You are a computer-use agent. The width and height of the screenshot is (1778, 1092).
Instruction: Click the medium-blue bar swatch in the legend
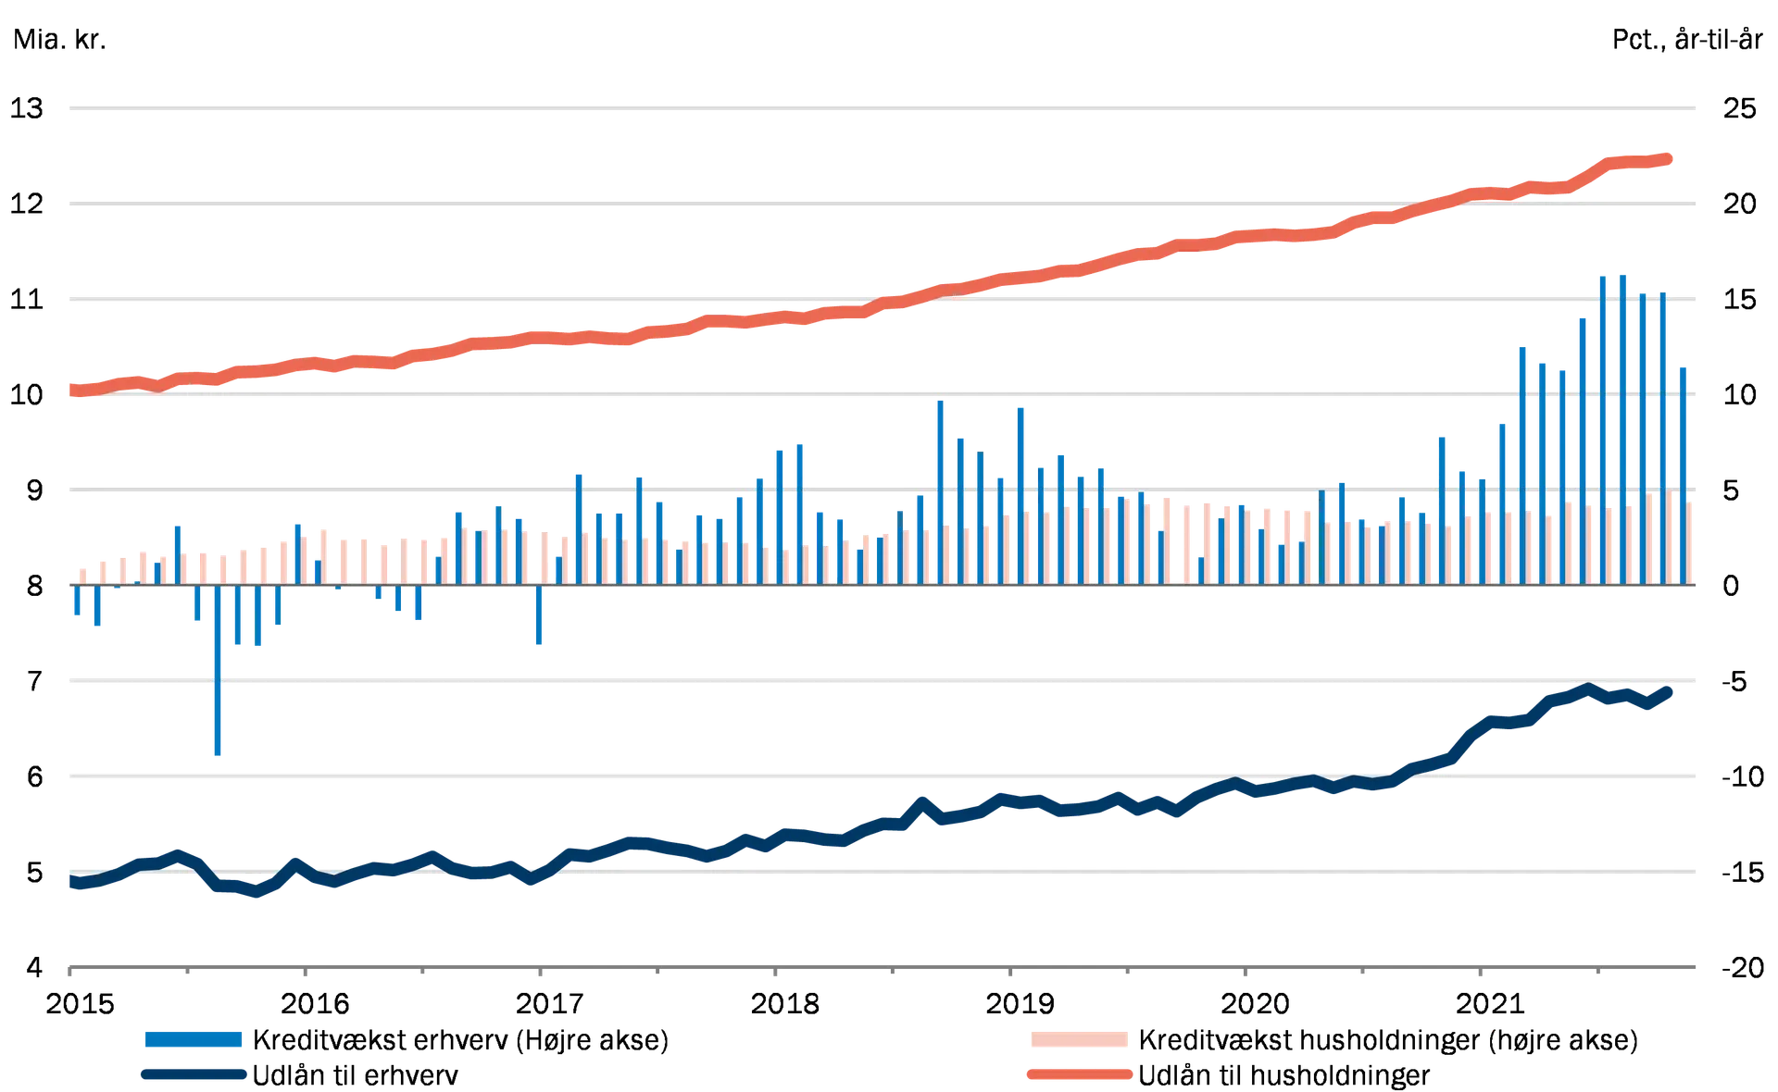pyautogui.click(x=193, y=1040)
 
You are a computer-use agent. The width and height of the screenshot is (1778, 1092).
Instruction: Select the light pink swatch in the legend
pyautogui.click(x=1077, y=1040)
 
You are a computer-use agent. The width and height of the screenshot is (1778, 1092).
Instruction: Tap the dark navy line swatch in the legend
pyautogui.click(x=193, y=1075)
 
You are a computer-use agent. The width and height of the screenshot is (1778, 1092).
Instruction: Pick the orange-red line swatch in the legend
pyautogui.click(x=1077, y=1075)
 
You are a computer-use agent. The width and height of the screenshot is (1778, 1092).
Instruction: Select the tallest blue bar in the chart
pyautogui.click(x=1621, y=426)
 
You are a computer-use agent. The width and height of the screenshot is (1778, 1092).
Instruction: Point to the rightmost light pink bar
pyautogui.click(x=1694, y=541)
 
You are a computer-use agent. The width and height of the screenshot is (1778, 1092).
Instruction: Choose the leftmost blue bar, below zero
pyautogui.click(x=77, y=602)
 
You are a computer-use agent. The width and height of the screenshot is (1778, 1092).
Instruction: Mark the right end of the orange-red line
pyautogui.click(x=1672, y=160)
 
